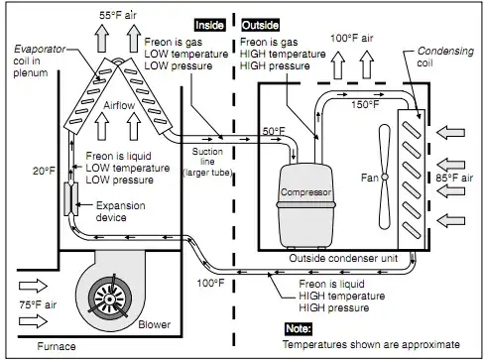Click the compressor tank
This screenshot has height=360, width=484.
click(x=305, y=206)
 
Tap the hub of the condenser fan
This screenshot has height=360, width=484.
click(x=385, y=177)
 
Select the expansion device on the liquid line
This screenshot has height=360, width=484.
click(x=71, y=199)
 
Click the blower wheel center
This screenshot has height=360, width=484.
click(x=109, y=300)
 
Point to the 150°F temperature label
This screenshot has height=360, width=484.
click(x=365, y=104)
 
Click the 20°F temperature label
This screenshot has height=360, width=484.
click(x=44, y=171)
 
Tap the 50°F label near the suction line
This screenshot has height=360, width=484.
click(x=274, y=131)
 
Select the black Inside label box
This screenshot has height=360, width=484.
click(x=209, y=25)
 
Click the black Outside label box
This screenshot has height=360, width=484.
click(x=260, y=25)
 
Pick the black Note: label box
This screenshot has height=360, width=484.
click(x=299, y=328)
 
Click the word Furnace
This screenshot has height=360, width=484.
click(x=57, y=346)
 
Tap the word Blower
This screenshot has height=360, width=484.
click(x=155, y=324)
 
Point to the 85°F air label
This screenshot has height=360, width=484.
click(x=454, y=178)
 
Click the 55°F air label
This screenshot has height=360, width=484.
click(x=118, y=15)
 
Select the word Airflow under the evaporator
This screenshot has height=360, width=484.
click(x=119, y=105)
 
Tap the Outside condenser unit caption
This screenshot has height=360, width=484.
click(x=343, y=258)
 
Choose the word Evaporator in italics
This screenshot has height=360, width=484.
click(x=40, y=50)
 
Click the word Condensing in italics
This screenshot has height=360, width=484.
click(x=445, y=52)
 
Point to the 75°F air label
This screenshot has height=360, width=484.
click(x=38, y=304)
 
